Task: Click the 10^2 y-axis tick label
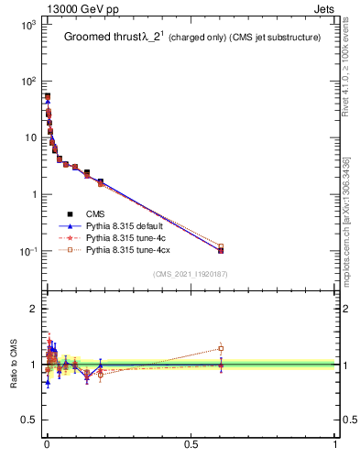pos(27,82)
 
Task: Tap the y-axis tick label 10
pos(30,138)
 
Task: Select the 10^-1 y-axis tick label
pos(27,251)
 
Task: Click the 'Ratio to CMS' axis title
pos(13,365)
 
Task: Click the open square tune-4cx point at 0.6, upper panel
pos(221,246)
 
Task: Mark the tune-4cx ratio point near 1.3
pos(221,348)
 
